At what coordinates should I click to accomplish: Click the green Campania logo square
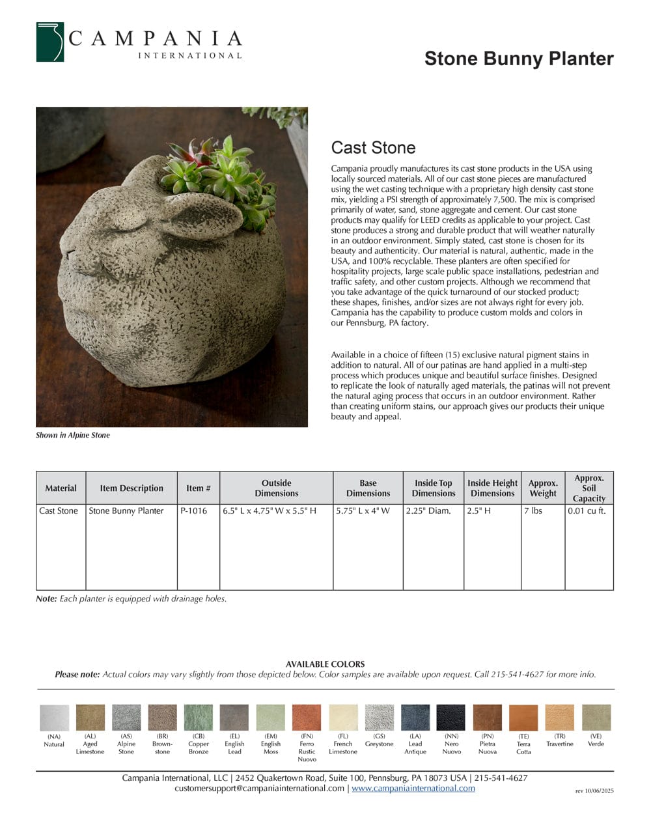click(50, 42)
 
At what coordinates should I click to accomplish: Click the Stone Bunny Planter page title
click(518, 59)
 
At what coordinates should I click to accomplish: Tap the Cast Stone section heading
click(373, 148)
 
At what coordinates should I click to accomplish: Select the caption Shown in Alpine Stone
click(73, 435)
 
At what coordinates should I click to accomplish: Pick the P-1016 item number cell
click(194, 511)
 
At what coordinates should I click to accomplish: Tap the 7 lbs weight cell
click(533, 511)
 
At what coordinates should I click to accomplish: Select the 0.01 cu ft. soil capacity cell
click(587, 511)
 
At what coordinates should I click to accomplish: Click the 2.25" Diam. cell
click(428, 511)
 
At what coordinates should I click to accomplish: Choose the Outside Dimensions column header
click(276, 488)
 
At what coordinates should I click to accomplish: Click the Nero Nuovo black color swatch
click(451, 718)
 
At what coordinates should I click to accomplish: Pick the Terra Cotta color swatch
click(523, 718)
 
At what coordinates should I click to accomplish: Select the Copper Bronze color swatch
click(199, 718)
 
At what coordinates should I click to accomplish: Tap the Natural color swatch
click(54, 718)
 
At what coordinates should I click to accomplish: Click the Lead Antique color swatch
click(415, 718)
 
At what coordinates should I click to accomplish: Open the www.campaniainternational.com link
click(413, 788)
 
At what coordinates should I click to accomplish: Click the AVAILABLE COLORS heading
click(325, 664)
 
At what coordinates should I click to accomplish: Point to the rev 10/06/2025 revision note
click(594, 791)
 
